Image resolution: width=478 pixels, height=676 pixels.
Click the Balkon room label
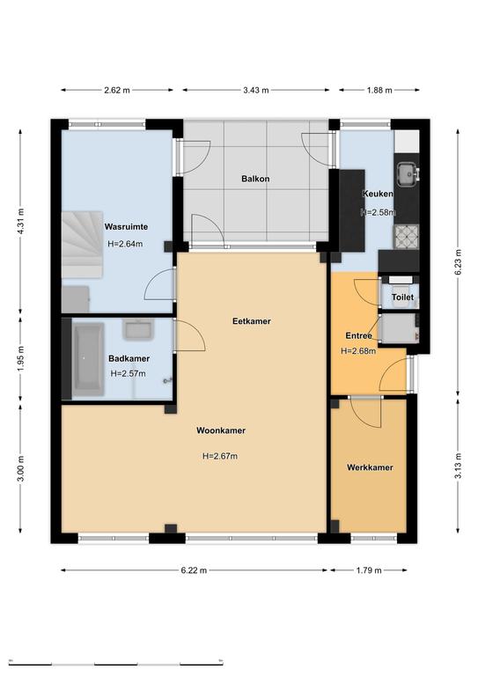(255, 179)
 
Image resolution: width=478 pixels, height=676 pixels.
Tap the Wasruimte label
(126, 227)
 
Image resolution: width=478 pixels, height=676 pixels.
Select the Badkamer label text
(129, 358)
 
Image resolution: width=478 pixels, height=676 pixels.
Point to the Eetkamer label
(251, 321)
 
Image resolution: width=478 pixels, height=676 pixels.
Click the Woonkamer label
(221, 430)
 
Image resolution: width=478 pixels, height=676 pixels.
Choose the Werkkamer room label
(370, 467)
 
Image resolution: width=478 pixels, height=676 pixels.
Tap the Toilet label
(402, 297)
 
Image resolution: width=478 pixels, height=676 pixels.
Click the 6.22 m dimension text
(194, 570)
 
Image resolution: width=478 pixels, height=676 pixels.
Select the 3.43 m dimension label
(256, 90)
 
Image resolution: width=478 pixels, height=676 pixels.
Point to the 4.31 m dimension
(21, 221)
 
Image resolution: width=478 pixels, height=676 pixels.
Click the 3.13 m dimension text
(458, 466)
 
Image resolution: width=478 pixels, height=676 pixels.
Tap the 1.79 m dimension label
(369, 570)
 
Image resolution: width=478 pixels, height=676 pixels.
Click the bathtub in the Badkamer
(88, 359)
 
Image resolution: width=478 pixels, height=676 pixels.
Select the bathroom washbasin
(138, 329)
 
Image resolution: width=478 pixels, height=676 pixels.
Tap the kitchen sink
(408, 174)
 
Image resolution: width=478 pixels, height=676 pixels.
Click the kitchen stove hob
(407, 237)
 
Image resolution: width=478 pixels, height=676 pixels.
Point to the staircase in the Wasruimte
(83, 245)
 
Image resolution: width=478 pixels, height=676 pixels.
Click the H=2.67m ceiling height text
(220, 456)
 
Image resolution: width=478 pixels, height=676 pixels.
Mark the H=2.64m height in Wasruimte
(125, 244)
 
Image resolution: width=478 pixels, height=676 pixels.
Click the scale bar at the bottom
(116, 663)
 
